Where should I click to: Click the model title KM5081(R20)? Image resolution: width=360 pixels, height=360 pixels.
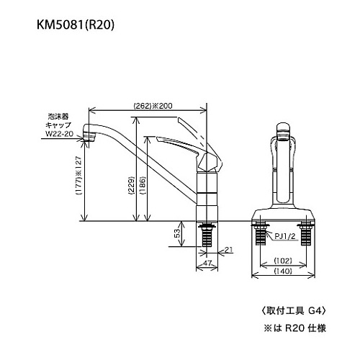(76, 24)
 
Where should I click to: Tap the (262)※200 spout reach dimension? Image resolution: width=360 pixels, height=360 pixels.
(153, 106)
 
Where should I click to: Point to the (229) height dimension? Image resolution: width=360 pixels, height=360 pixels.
(132, 186)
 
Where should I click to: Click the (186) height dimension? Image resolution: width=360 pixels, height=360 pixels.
(143, 186)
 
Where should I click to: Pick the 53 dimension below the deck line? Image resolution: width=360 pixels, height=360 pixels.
(177, 233)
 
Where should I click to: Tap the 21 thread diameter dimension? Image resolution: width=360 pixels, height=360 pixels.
(228, 250)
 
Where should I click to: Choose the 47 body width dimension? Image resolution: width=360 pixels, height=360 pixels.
(207, 263)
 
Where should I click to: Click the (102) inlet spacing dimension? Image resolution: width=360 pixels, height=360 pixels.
(283, 261)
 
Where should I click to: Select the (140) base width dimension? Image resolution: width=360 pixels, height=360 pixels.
(283, 271)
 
